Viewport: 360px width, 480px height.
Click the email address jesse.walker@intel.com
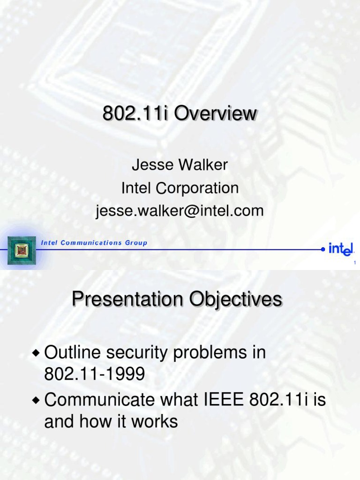point(180,211)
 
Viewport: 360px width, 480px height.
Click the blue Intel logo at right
point(341,249)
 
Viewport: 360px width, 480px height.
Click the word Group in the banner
point(136,243)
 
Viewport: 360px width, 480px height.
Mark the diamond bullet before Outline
point(37,353)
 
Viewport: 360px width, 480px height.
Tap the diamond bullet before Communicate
point(37,400)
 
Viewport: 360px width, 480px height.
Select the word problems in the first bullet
point(206,353)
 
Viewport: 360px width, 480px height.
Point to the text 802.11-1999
point(94,375)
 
